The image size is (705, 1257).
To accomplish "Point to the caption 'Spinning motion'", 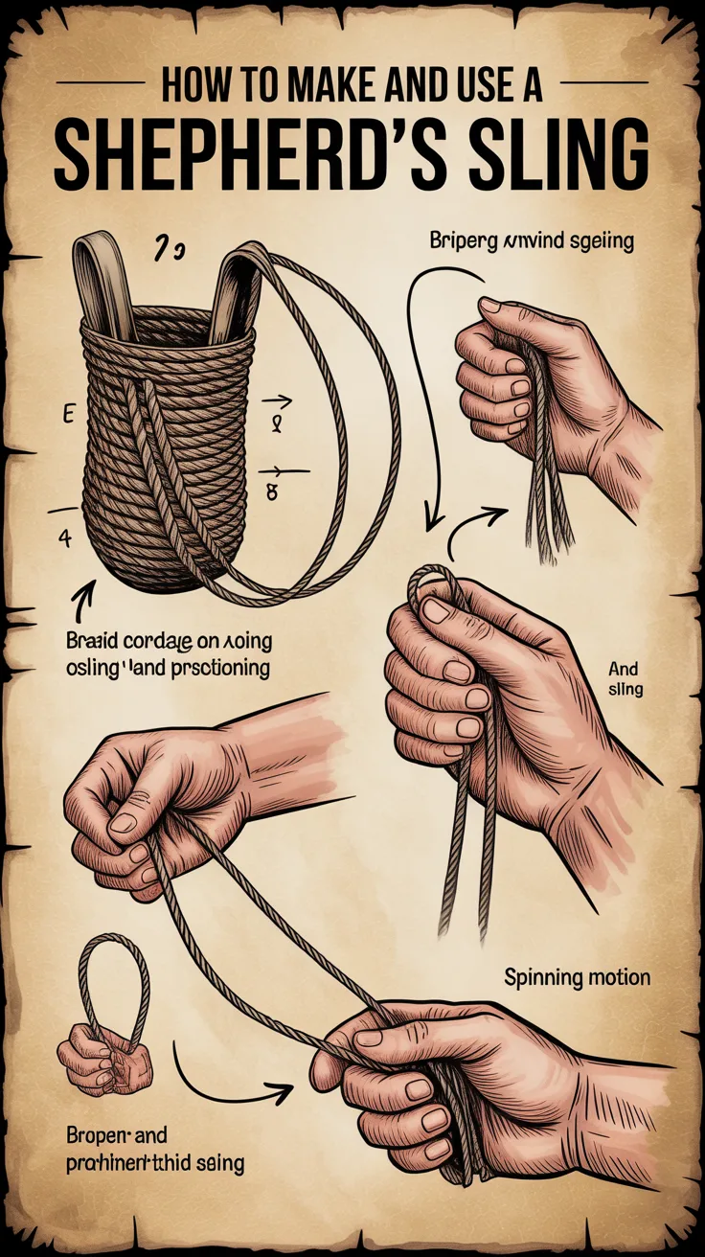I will (578, 978).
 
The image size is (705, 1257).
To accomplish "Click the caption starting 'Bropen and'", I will (154, 1150).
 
